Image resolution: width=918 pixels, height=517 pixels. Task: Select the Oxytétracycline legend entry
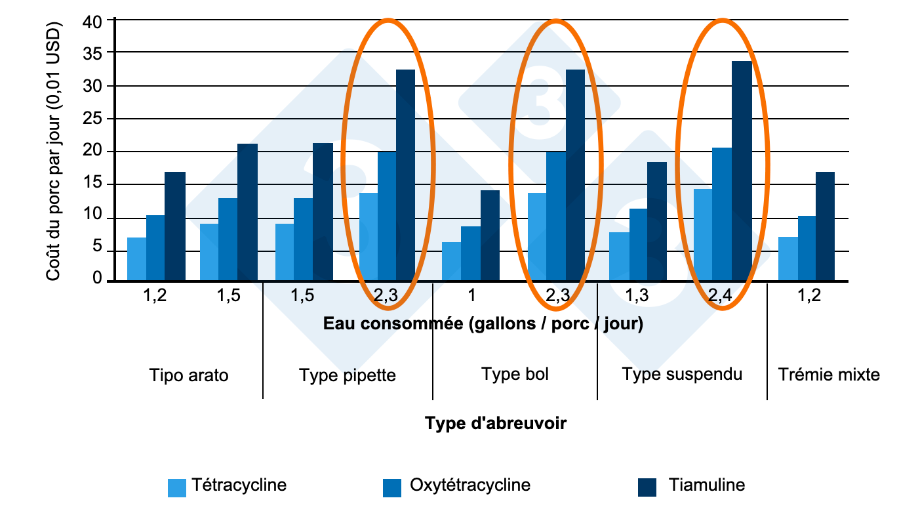click(469, 486)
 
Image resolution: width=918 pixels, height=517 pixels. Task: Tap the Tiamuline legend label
click(707, 486)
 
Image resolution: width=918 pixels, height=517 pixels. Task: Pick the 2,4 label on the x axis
click(722, 296)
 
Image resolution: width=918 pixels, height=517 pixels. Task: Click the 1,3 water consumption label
click(637, 296)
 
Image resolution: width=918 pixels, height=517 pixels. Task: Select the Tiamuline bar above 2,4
click(742, 171)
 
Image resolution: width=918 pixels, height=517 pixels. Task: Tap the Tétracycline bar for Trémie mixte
click(788, 258)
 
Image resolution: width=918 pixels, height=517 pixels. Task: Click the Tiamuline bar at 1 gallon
click(490, 236)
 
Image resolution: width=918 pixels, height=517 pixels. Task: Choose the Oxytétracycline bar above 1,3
click(638, 245)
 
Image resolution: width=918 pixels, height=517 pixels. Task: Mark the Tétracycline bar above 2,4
click(703, 235)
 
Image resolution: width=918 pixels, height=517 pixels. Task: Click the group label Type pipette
click(348, 375)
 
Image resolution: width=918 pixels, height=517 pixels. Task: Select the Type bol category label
click(515, 374)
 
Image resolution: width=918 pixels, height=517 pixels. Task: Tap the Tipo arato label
click(189, 375)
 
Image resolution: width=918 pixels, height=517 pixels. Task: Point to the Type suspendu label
click(682, 374)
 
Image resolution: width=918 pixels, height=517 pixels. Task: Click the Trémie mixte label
click(829, 375)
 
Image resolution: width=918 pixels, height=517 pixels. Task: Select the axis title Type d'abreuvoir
click(495, 424)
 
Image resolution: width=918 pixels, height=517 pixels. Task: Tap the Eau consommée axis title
click(483, 324)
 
